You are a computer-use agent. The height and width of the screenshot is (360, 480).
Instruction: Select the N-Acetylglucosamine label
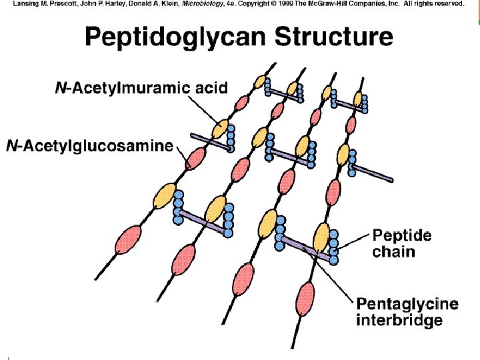coord(89,146)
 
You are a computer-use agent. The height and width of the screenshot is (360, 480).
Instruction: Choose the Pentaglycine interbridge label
coord(408,312)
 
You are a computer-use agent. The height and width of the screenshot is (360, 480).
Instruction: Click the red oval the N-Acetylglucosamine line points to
coord(195,159)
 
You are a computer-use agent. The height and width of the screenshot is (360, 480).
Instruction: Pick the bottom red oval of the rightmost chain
coord(307,295)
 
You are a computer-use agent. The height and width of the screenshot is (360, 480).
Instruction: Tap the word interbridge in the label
coord(400,321)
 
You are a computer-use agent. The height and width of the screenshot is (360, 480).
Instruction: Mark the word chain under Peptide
coord(393,251)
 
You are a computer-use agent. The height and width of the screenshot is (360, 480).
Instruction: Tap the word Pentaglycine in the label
coord(408,305)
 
